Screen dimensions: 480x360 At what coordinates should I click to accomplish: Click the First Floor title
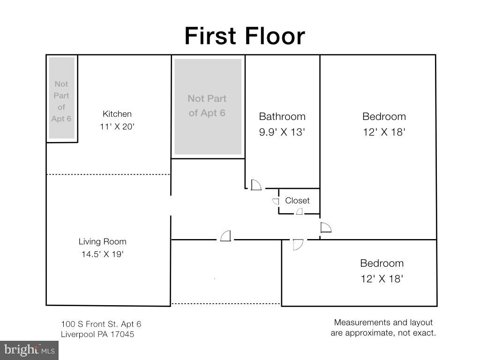245,36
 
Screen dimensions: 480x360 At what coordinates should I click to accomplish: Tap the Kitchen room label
117,114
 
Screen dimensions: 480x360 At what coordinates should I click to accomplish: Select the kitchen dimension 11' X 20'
117,127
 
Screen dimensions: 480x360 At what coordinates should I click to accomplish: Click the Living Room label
102,241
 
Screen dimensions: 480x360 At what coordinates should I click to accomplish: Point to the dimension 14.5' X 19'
102,254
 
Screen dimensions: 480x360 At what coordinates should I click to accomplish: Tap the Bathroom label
282,116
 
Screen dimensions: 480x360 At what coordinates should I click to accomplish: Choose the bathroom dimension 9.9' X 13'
282,132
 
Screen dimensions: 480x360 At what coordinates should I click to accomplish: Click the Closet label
297,201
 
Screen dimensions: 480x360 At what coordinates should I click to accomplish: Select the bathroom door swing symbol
256,185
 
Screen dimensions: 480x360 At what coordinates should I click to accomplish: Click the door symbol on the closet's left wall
276,201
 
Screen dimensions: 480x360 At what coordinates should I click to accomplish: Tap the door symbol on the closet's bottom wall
300,211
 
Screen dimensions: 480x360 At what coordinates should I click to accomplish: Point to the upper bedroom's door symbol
326,227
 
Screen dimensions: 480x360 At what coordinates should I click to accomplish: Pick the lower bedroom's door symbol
298,245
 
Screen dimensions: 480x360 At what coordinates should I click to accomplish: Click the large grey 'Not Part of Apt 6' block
208,106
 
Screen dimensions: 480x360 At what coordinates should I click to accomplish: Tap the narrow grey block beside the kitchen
62,98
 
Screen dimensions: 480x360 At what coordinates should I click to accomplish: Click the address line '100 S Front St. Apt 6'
101,324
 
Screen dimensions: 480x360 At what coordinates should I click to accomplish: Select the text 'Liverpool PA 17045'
97,334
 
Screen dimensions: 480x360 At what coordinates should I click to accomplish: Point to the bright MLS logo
30,350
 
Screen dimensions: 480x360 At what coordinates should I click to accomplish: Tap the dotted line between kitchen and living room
108,174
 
